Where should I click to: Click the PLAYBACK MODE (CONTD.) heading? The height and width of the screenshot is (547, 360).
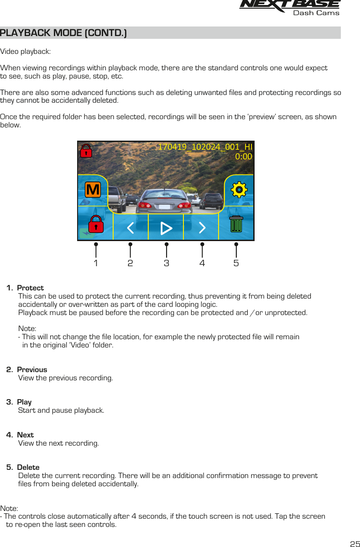tap(63, 33)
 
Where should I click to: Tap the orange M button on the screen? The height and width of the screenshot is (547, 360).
tap(93, 189)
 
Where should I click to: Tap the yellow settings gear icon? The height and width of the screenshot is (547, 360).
tap(239, 189)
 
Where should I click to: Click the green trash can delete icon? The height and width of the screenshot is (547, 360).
tap(236, 224)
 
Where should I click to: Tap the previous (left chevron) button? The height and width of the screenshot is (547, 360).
tap(130, 227)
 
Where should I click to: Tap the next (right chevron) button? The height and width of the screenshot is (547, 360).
tap(202, 227)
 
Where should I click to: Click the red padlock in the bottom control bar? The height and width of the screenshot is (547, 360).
tap(95, 224)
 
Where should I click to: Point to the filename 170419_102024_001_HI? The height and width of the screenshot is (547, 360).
tap(205, 147)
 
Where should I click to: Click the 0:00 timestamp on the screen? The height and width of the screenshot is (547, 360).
tap(243, 157)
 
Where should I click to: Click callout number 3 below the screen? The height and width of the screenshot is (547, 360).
tap(167, 263)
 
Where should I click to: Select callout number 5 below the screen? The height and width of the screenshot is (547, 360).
tap(236, 263)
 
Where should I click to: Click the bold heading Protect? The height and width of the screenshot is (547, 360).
tap(30, 288)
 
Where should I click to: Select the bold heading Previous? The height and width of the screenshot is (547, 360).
tap(32, 370)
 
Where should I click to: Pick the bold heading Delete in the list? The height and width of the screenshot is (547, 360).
tap(28, 468)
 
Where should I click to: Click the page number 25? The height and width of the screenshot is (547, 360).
tap(355, 544)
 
